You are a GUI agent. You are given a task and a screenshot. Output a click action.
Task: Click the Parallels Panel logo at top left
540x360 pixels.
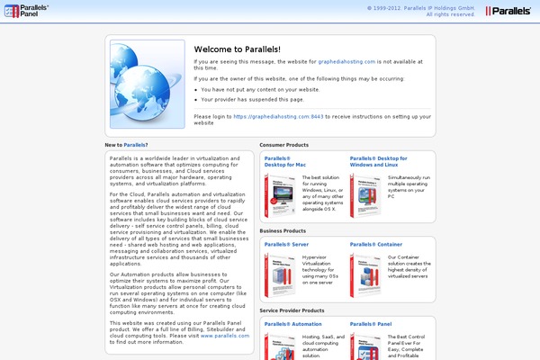[x=27, y=11]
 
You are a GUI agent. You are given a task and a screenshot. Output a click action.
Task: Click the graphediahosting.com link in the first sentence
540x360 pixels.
[x=346, y=61]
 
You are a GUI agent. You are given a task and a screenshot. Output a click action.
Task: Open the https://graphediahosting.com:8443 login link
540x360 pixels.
[x=278, y=116]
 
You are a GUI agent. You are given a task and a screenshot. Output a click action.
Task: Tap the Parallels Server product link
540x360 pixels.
[x=288, y=243]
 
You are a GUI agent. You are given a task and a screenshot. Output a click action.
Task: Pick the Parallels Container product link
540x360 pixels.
[x=375, y=243]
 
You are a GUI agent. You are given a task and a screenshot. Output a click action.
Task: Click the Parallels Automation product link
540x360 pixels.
[x=293, y=323]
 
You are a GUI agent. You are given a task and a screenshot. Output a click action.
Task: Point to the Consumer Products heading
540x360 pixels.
[x=284, y=144]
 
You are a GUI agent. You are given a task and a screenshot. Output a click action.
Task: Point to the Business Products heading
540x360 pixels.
[x=283, y=230]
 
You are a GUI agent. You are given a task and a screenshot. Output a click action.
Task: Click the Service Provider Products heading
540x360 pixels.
[x=291, y=310]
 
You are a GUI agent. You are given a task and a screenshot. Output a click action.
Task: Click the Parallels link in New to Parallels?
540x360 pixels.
[x=136, y=144]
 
